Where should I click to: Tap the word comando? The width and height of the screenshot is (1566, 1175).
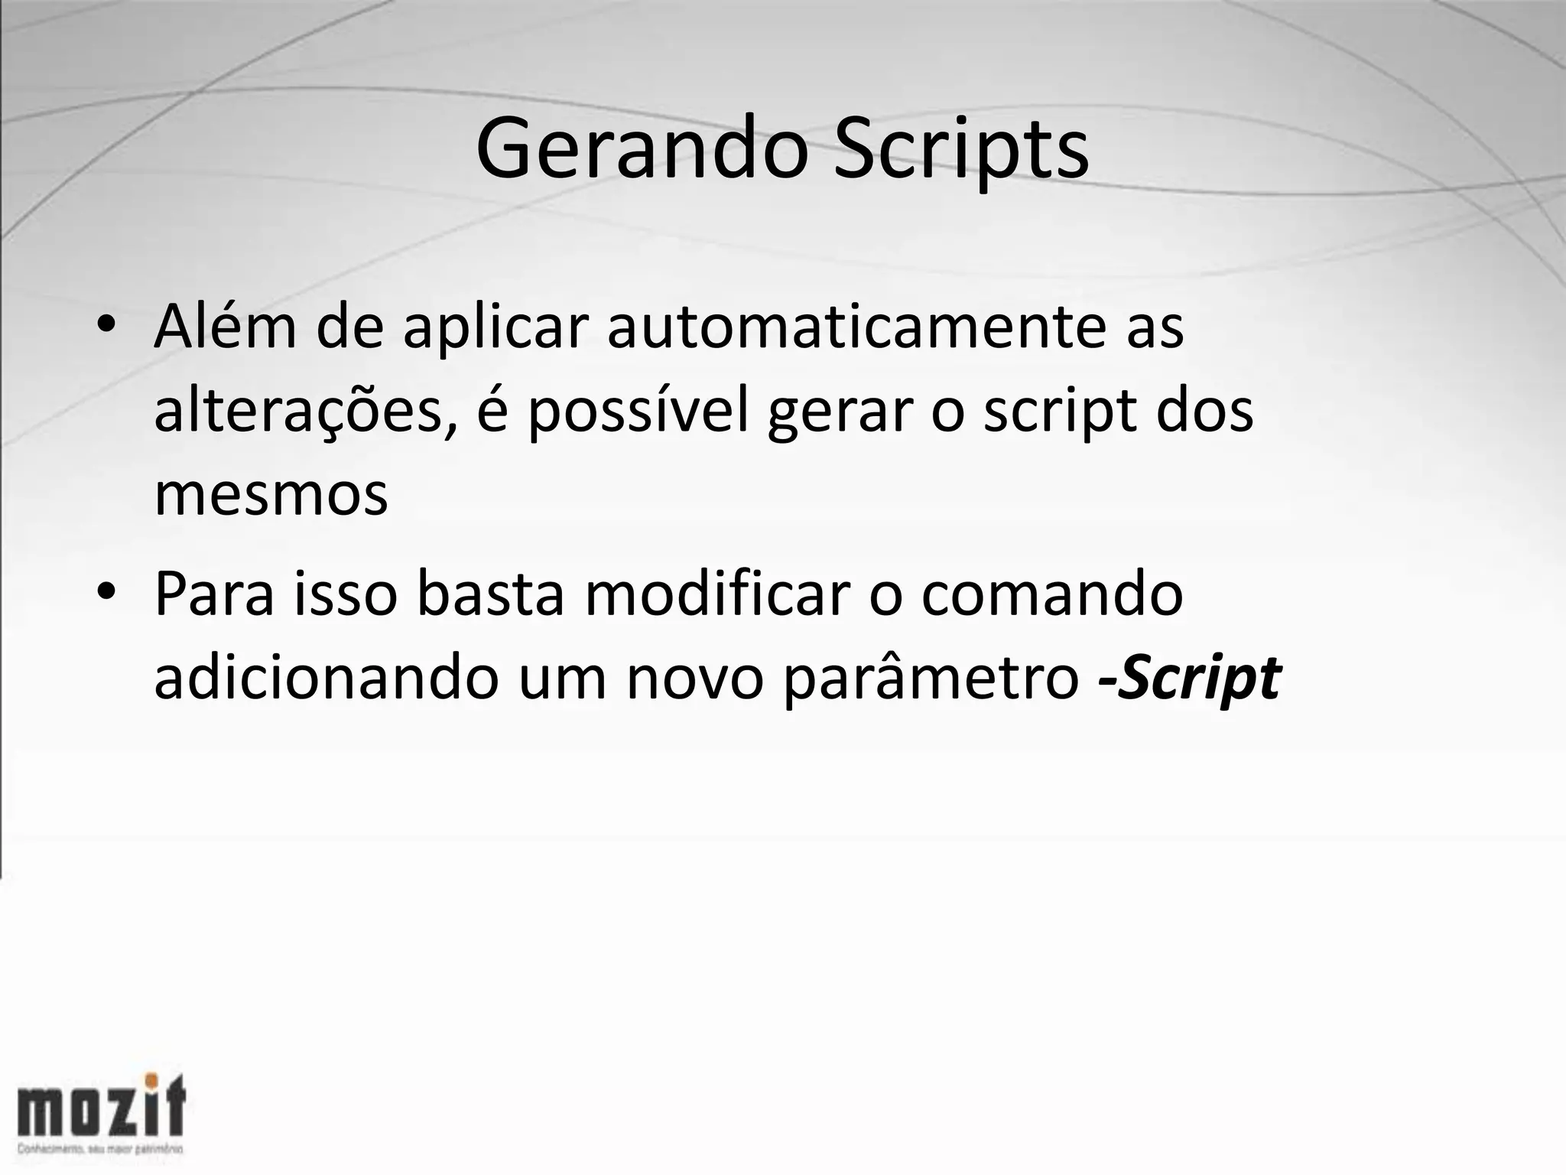click(1052, 594)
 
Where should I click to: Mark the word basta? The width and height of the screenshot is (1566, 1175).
click(489, 594)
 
